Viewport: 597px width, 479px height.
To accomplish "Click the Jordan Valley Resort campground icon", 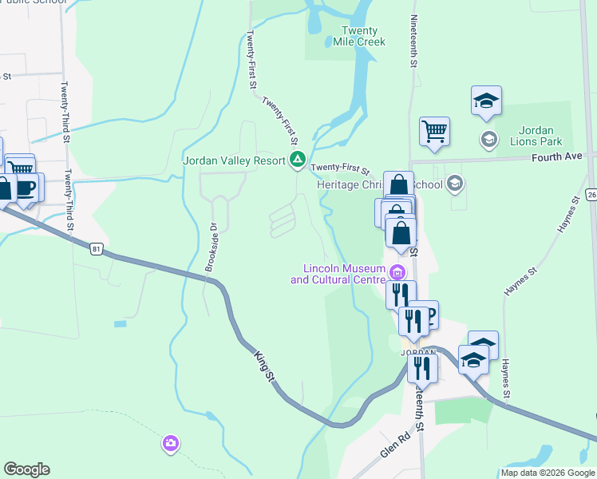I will click(x=298, y=160).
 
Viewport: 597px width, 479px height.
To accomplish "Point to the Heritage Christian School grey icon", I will click(x=455, y=184).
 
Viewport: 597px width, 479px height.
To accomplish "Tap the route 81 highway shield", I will click(x=97, y=249).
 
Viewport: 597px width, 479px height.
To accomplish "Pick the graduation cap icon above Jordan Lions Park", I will click(x=486, y=101).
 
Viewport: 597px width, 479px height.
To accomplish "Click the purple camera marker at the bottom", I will click(x=170, y=443).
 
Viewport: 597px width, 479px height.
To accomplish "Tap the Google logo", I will click(x=26, y=469).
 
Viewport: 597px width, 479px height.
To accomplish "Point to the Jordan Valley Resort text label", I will click(x=234, y=160).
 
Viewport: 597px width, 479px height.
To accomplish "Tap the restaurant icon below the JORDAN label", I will click(x=422, y=367).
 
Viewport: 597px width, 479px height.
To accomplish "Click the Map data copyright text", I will click(x=548, y=473).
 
